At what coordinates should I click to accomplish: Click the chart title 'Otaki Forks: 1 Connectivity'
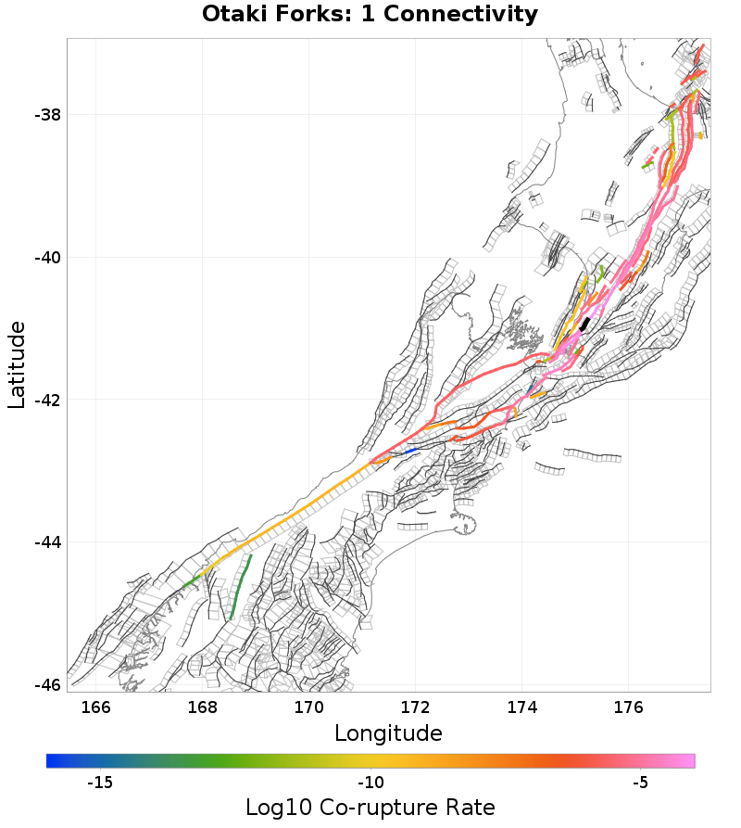tap(370, 15)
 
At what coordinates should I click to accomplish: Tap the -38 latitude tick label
tap(47, 115)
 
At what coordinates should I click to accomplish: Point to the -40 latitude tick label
tap(47, 258)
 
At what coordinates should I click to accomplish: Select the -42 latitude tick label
tap(47, 401)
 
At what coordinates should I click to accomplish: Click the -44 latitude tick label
tap(47, 542)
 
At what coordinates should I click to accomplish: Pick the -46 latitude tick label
tap(47, 685)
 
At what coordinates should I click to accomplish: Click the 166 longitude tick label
tap(96, 707)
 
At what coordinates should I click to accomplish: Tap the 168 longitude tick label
tap(203, 707)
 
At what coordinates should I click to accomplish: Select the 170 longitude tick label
tap(309, 707)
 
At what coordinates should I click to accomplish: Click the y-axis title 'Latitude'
tap(17, 364)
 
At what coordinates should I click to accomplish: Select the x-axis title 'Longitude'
tap(388, 733)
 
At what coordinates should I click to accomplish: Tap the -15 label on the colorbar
tap(99, 783)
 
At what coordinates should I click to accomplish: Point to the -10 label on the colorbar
tap(370, 783)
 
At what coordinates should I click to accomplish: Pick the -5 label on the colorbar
tap(640, 783)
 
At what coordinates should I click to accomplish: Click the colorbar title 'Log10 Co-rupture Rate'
tap(370, 807)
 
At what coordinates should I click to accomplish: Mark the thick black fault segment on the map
tap(584, 324)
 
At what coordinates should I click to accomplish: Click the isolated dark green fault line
tap(240, 588)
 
